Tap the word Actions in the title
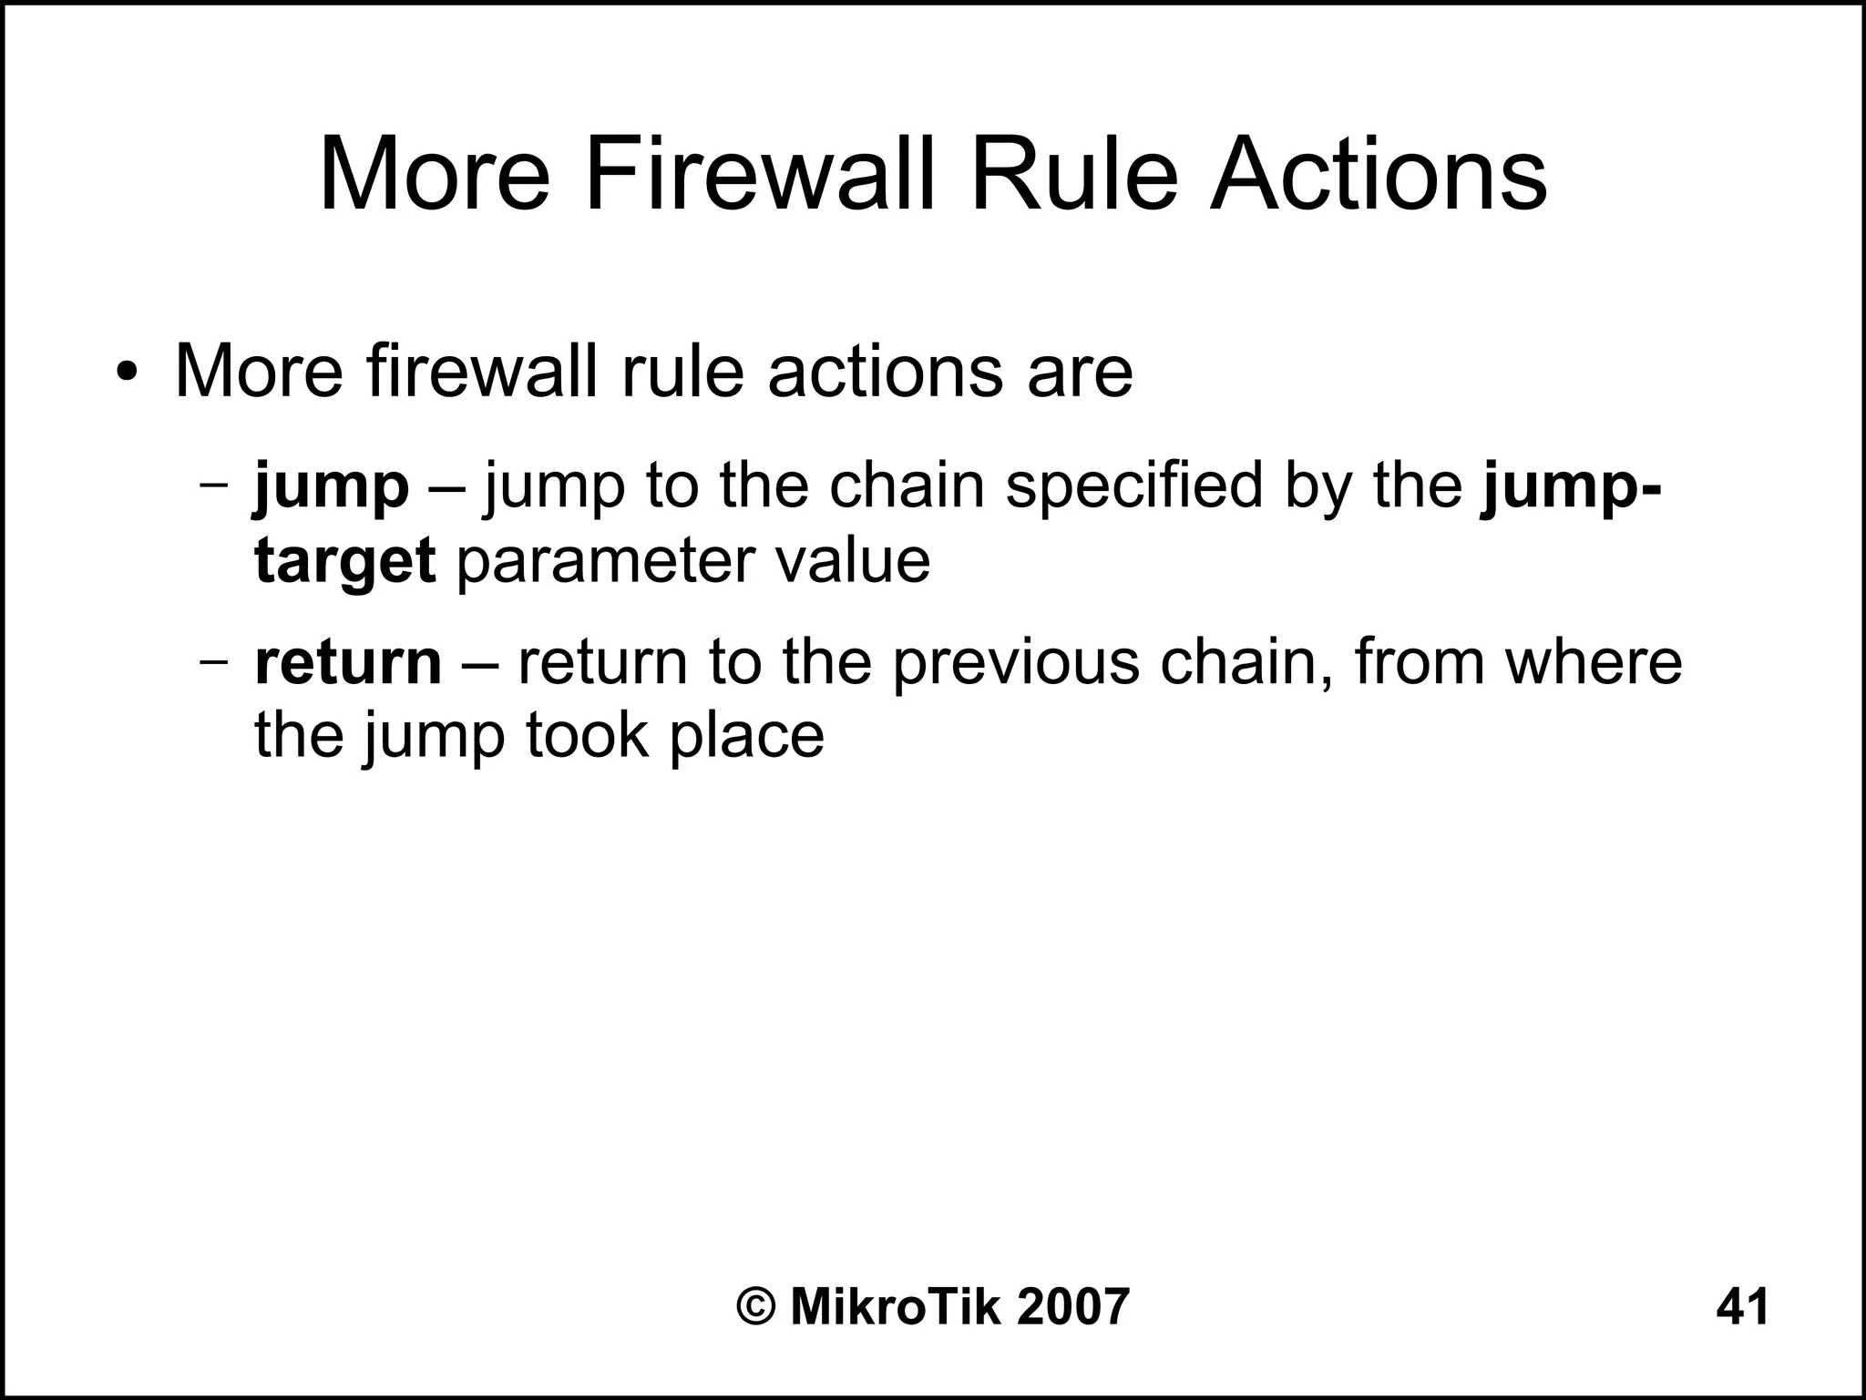tap(1378, 173)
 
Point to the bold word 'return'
tap(348, 662)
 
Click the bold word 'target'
tap(344, 562)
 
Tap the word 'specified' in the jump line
tap(1135, 485)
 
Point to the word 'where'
tap(1593, 662)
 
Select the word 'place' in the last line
tap(746, 737)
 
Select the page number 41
tap(1742, 1308)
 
